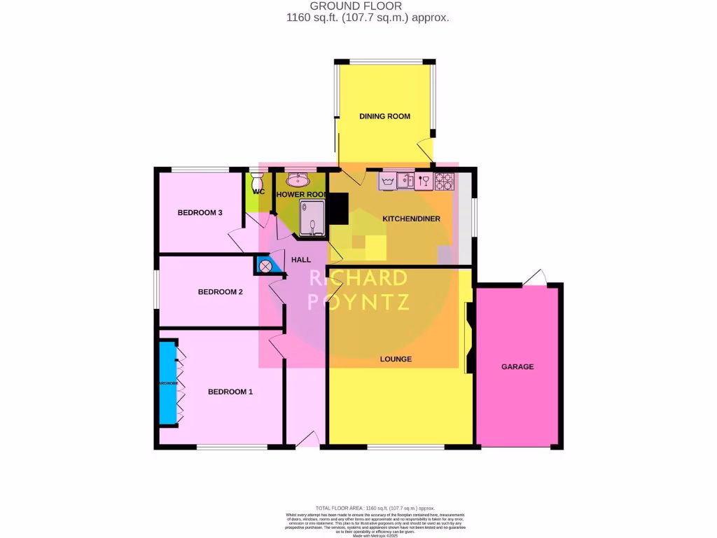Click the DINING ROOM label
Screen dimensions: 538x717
pos(384,116)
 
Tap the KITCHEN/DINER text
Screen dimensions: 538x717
pos(411,219)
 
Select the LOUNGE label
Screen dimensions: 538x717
pos(396,359)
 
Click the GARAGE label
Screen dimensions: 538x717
pos(517,366)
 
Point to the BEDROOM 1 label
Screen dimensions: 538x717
pos(230,392)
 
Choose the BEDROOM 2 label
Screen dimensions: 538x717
pos(220,292)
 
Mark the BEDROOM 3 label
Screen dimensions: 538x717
pos(200,213)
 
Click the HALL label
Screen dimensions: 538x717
pos(301,260)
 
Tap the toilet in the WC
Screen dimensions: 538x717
pos(256,181)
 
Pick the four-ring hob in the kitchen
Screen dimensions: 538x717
pos(444,181)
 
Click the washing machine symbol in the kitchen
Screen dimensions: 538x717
pos(388,181)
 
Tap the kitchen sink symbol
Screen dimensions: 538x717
pos(406,181)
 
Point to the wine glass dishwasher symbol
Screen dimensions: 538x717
pos(424,181)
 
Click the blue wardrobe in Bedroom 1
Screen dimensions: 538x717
pos(167,382)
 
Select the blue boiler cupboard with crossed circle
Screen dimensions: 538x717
pos(265,266)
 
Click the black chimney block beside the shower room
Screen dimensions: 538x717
pos(338,209)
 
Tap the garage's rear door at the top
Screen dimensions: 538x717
pos(535,278)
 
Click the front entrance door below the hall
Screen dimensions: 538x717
pos(307,440)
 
